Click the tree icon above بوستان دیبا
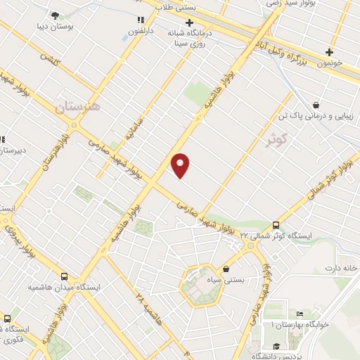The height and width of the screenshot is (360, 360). [x=56, y=15]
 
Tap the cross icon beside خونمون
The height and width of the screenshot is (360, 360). [x=329, y=52]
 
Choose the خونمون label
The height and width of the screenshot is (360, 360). [x=328, y=63]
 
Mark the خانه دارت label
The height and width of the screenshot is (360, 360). [x=342, y=269]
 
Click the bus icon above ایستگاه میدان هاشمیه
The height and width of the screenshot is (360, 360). [x=65, y=277]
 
